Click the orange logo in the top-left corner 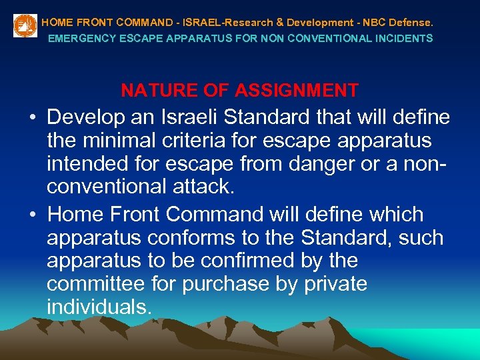25,25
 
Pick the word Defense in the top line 413,22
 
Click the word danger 310,163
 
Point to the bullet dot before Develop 32,119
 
